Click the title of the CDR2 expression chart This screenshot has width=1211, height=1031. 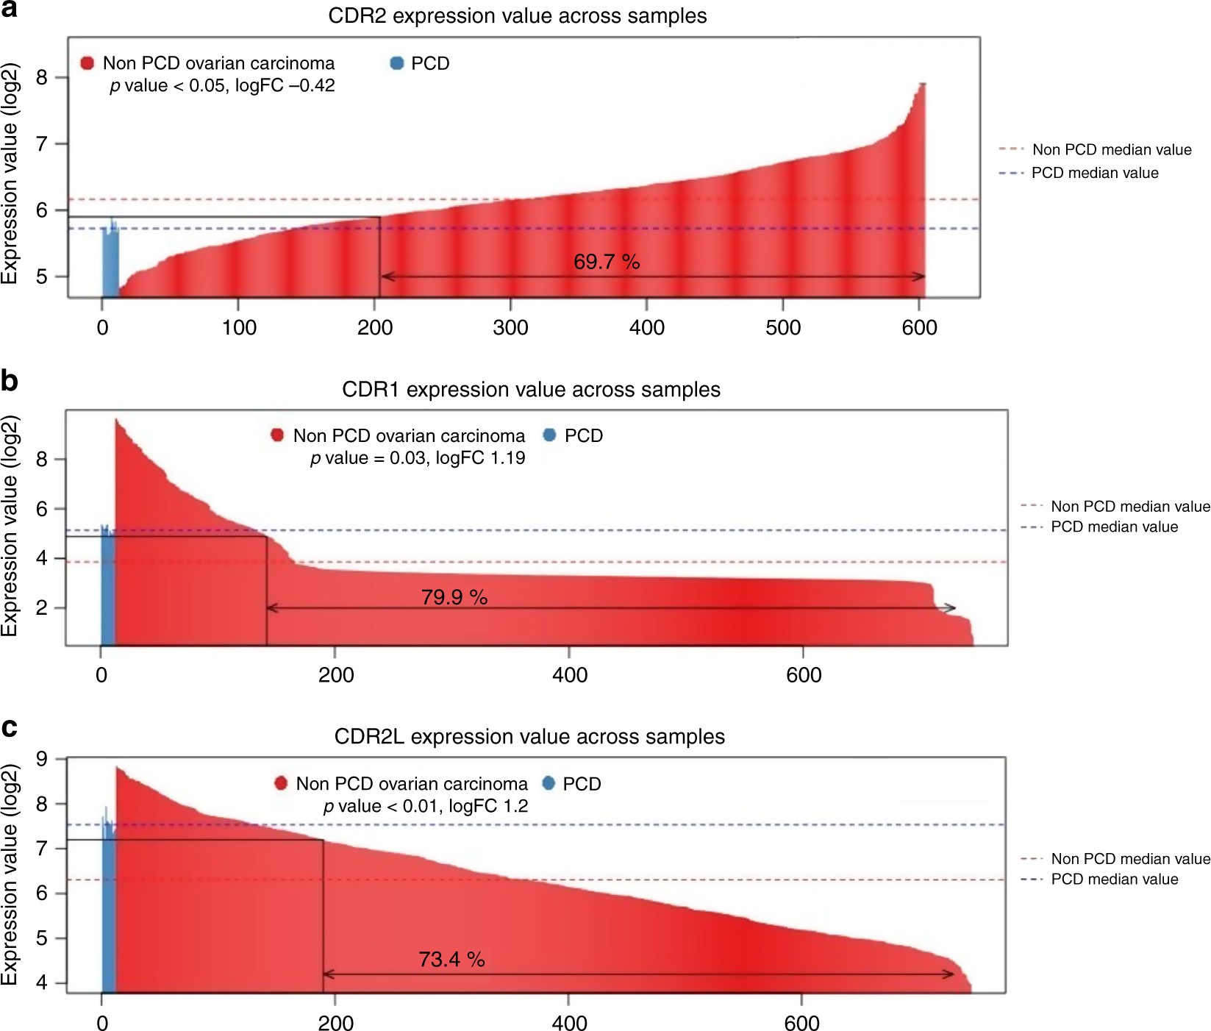click(x=517, y=15)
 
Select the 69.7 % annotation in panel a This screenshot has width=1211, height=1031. click(x=607, y=262)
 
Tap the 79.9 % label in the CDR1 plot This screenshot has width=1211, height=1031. click(x=454, y=597)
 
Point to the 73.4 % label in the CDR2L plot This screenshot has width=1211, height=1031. click(x=451, y=959)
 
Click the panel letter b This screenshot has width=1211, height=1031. click(x=9, y=381)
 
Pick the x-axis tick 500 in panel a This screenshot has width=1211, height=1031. click(x=782, y=327)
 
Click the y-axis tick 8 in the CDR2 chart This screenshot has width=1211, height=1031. click(x=42, y=78)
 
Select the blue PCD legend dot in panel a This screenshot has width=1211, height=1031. click(x=397, y=63)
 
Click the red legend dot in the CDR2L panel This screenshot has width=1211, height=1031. click(x=280, y=783)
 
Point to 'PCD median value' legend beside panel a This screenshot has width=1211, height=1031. click(x=1094, y=173)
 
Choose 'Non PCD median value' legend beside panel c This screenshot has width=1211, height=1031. click(x=1129, y=858)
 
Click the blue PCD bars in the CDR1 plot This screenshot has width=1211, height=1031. click(x=107, y=588)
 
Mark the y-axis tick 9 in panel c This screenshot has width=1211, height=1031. click(x=42, y=758)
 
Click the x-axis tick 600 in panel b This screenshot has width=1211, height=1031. click(x=803, y=674)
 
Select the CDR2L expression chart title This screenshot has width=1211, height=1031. click(x=529, y=736)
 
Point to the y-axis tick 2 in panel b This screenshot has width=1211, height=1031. click(x=42, y=608)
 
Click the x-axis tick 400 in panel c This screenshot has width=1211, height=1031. click(x=568, y=1023)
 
